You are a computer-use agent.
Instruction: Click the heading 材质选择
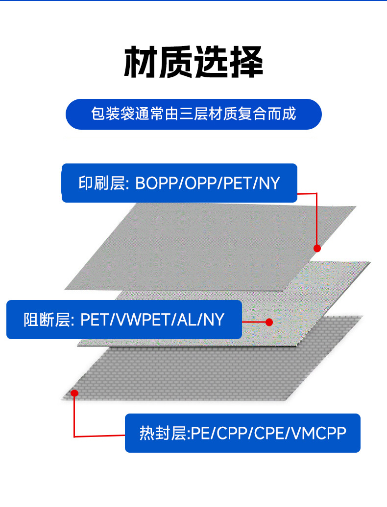193,63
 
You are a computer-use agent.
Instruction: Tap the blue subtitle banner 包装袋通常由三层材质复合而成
193,114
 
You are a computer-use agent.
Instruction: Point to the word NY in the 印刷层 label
269,184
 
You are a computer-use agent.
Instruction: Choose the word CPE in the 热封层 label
269,433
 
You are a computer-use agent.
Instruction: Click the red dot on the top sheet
317,248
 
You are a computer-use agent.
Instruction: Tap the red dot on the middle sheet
268,322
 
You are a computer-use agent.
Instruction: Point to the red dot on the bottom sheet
75,393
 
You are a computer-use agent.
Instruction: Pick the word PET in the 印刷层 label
238,184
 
